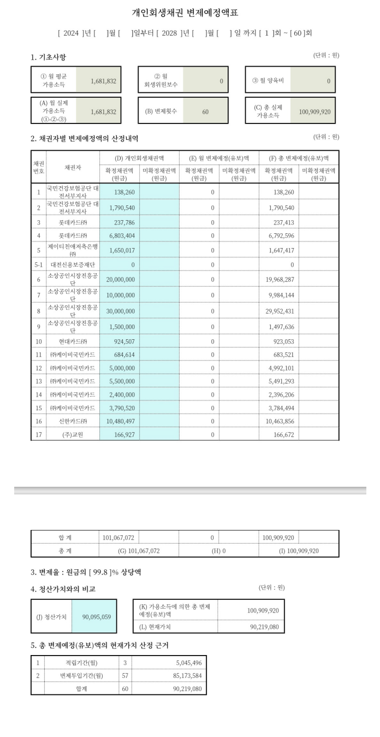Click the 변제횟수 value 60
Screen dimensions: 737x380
point(205,111)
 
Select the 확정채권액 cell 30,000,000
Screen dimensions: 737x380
point(119,311)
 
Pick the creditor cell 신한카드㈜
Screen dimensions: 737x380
point(73,421)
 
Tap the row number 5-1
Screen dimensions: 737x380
point(39,264)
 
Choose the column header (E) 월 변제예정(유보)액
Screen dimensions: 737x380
point(218,158)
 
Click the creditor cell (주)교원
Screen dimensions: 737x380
point(73,434)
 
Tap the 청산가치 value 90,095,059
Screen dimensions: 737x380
point(96,617)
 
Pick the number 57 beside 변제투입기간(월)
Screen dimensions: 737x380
point(124,676)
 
